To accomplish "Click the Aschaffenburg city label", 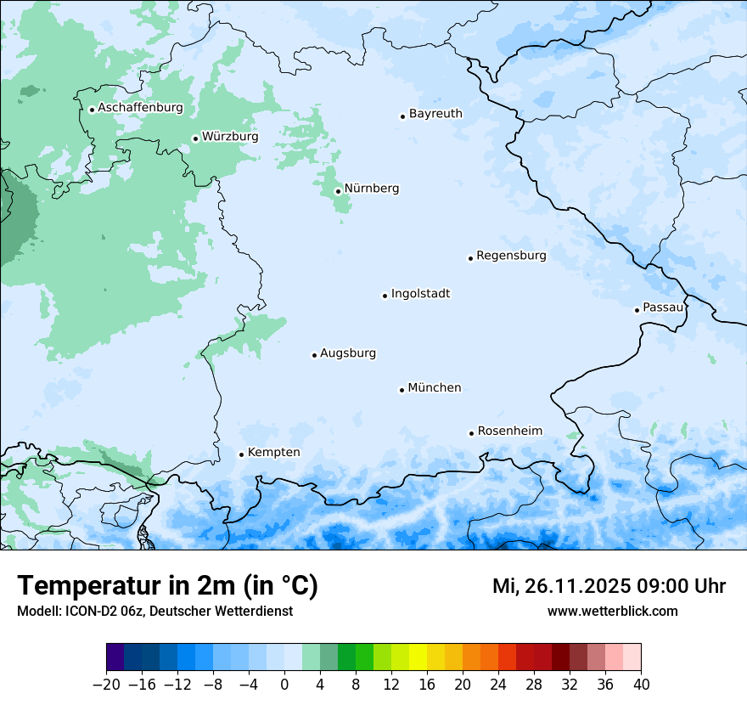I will (x=140, y=108).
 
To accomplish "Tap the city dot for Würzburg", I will (x=195, y=138).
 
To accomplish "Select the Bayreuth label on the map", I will (x=435, y=114).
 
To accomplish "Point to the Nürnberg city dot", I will (x=338, y=191).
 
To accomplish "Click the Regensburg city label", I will (x=511, y=256).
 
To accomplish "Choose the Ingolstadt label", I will (x=420, y=294).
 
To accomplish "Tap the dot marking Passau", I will (x=637, y=310).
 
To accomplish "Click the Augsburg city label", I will (x=348, y=353).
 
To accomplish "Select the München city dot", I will (x=402, y=390).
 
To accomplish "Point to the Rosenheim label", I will (x=509, y=431).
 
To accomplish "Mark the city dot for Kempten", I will (x=241, y=454).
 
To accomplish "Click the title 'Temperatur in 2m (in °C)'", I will (x=167, y=586).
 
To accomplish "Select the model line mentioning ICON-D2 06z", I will (x=154, y=612).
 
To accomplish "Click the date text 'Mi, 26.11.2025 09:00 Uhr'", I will (x=609, y=586).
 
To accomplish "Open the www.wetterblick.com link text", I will (x=612, y=612).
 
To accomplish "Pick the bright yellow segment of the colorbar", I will (x=418, y=657).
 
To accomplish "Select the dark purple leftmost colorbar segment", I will (x=115, y=657).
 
